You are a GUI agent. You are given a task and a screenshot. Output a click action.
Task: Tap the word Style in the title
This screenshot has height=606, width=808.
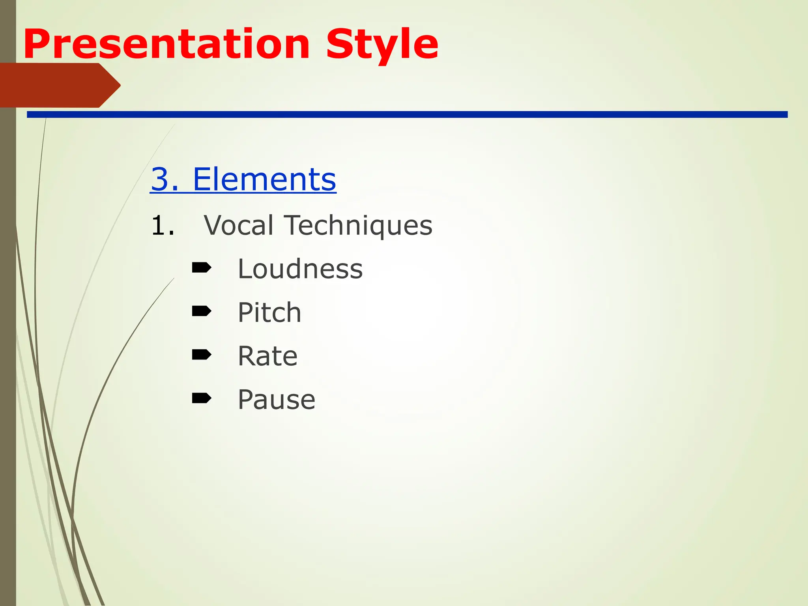pyautogui.click(x=382, y=44)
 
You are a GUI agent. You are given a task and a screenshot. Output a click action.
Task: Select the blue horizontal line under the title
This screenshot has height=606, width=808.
pyautogui.click(x=406, y=114)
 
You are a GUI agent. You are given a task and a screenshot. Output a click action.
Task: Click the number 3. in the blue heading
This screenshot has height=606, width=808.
pyautogui.click(x=165, y=180)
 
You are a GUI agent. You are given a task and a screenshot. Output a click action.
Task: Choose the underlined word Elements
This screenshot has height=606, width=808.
pyautogui.click(x=264, y=180)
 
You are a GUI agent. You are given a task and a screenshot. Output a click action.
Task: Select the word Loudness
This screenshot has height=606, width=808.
pyautogui.click(x=300, y=269)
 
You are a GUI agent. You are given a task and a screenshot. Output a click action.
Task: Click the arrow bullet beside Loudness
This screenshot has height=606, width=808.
pyautogui.click(x=201, y=268)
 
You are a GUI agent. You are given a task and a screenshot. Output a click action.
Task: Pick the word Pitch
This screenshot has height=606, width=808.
pyautogui.click(x=269, y=313)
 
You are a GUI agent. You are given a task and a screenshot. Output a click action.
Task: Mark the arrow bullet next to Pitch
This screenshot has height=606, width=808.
pyautogui.click(x=201, y=312)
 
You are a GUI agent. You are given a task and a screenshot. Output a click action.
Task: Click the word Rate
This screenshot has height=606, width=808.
pyautogui.click(x=267, y=356)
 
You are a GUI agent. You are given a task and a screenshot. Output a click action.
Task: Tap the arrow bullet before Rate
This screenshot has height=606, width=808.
pyautogui.click(x=201, y=355)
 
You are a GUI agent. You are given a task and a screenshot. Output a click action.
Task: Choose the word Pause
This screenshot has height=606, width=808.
pyautogui.click(x=276, y=400)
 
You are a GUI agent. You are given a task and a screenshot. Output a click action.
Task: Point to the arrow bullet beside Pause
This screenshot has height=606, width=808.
pyautogui.click(x=201, y=398)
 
